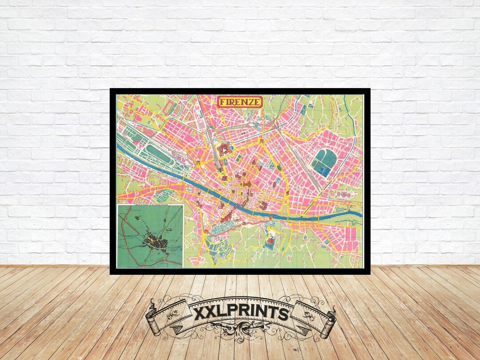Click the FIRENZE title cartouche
tap(240, 102)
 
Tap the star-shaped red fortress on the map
tap(224, 149)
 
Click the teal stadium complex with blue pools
tap(324, 162)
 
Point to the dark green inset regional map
tap(150, 236)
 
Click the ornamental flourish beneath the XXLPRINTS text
tap(240, 331)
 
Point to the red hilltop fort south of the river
tap(270, 241)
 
